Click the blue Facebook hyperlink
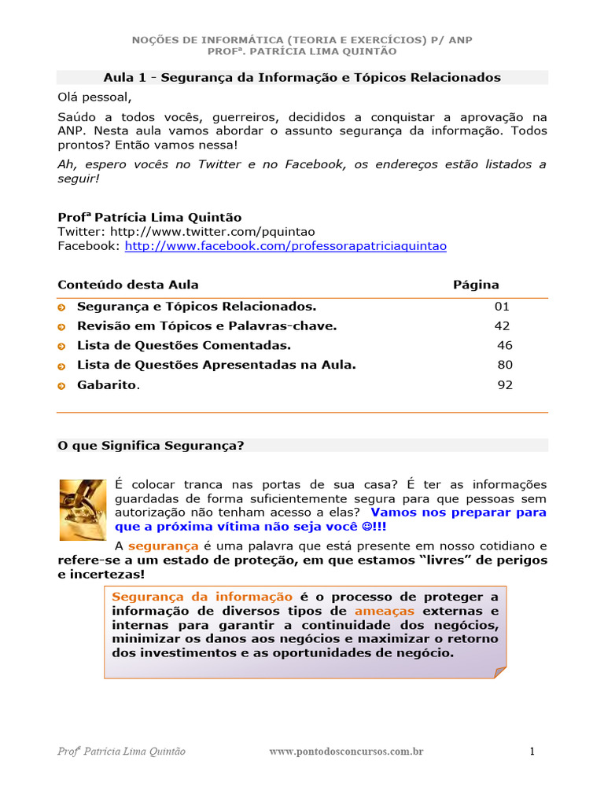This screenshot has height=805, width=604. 285,246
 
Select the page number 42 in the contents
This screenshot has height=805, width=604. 502,325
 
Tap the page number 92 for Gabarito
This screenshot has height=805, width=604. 505,384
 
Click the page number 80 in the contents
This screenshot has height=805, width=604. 505,365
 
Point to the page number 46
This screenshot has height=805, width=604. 505,345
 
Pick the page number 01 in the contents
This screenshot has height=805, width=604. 502,306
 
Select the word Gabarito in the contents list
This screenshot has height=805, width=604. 106,384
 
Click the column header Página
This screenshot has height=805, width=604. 476,285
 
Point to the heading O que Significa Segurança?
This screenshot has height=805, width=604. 151,445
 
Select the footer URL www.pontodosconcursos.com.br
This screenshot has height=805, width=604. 346,752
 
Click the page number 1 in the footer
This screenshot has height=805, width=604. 532,752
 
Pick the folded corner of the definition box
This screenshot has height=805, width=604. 499,671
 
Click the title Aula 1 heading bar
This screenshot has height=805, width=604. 302,77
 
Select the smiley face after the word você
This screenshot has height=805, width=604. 365,526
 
